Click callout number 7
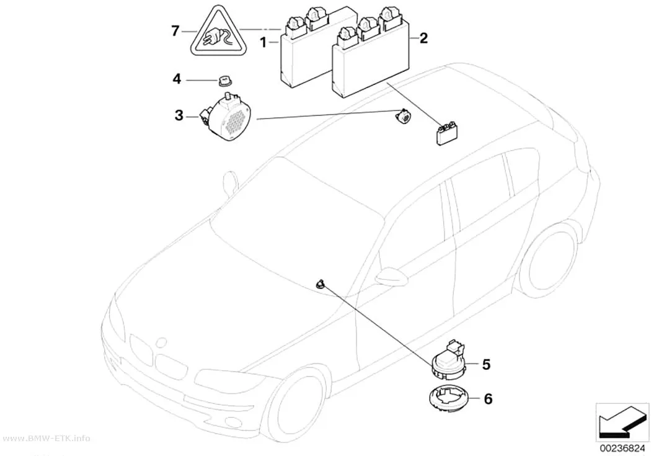pos(175,31)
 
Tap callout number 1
pos(263,42)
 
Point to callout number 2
pos(423,38)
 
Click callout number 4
pos(177,79)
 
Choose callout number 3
pos(179,115)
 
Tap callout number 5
pos(486,364)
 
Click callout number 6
pos(488,399)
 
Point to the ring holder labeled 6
pos(451,400)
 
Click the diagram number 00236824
pos(621,449)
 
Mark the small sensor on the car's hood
pos(320,285)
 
